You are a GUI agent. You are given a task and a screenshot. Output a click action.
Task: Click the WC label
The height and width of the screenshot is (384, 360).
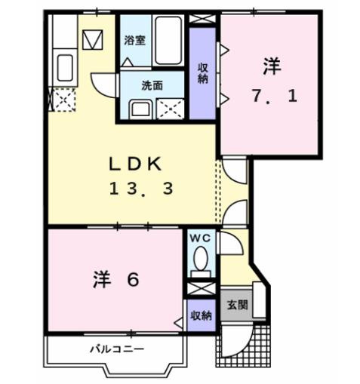(x=199, y=238)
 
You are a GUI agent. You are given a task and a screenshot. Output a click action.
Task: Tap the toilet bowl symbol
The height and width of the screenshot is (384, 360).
(x=200, y=261)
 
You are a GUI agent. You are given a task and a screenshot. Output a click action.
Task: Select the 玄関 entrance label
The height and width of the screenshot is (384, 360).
(x=238, y=306)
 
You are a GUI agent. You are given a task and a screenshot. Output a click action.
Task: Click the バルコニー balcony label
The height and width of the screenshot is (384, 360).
(x=117, y=349)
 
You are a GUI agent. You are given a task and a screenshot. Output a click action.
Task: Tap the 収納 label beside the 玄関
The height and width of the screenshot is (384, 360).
(x=200, y=315)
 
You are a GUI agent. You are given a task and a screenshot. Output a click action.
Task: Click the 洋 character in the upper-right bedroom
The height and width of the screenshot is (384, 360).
(x=272, y=66)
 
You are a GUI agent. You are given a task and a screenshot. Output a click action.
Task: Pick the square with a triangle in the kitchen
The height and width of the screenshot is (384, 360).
(x=94, y=37)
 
